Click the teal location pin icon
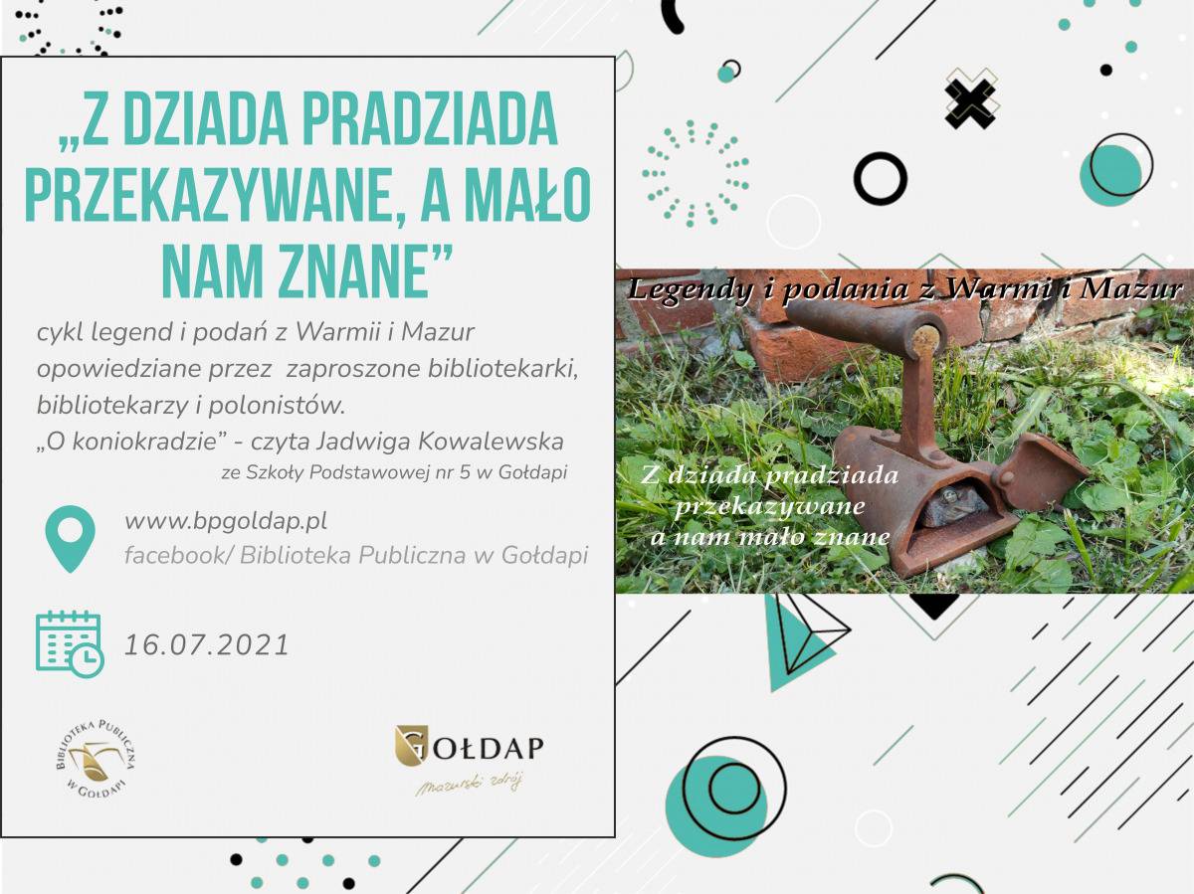tap(71, 538)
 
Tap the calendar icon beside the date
tap(70, 644)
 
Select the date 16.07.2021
tap(207, 645)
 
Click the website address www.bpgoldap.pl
tap(226, 522)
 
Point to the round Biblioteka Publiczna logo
tap(97, 759)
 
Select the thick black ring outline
tap(881, 178)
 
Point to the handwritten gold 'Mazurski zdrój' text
tap(469, 785)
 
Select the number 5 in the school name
tap(465, 472)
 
